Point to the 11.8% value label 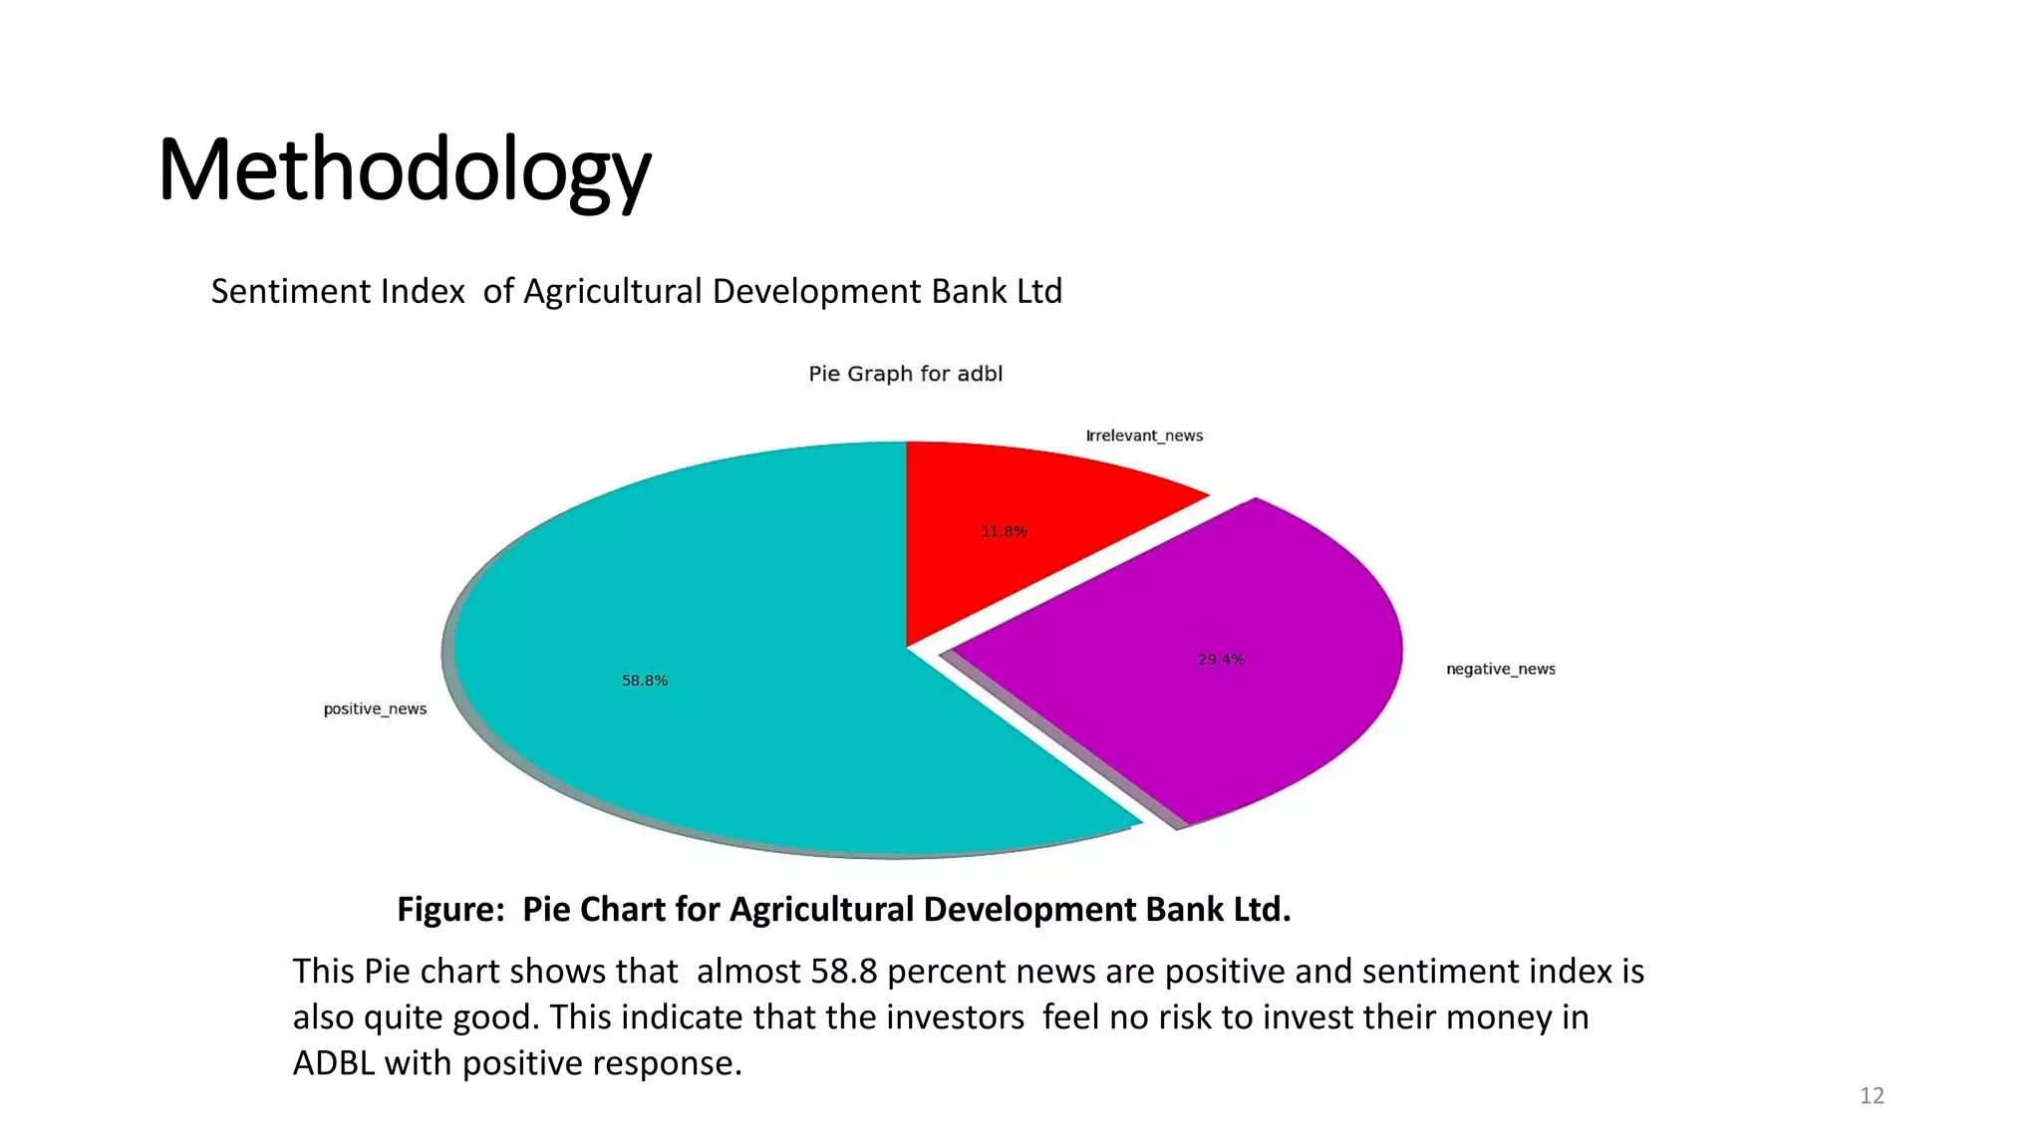[x=1004, y=531]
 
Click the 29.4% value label [x=1221, y=660]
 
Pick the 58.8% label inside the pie [x=645, y=681]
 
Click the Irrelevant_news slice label [x=1144, y=435]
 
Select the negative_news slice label [x=1500, y=669]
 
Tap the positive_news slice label [x=375, y=709]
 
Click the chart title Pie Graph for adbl [x=905, y=374]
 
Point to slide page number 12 [x=1872, y=1096]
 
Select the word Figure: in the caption [x=451, y=909]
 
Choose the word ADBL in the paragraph [x=334, y=1062]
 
